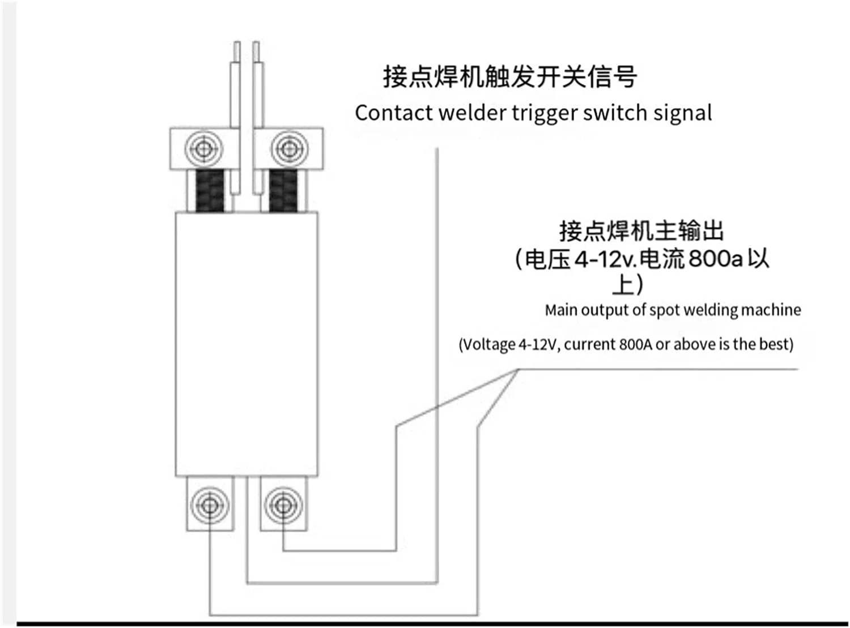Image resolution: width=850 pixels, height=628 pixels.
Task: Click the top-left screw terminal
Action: pos(204,149)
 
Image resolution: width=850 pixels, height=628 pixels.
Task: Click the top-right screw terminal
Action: pos(290,149)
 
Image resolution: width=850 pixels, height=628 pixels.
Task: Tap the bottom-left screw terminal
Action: pos(210,504)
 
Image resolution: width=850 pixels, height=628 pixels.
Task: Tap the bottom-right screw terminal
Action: pos(283,504)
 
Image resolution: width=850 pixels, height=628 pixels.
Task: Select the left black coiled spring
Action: pos(210,191)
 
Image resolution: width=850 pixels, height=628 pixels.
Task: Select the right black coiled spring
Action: pos(283,191)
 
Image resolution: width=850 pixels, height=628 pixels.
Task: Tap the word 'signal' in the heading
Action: pos(682,114)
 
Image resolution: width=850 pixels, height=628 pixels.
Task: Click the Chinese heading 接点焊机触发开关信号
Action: pos(510,77)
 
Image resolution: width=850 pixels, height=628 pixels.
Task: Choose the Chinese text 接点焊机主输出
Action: pos(641,231)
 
